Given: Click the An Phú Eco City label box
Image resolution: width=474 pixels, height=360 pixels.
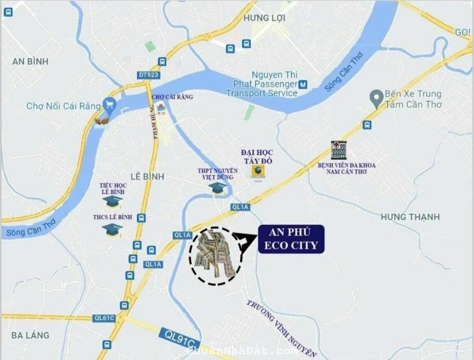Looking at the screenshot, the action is (291, 239).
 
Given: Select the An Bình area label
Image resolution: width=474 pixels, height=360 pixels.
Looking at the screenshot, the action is (30, 61).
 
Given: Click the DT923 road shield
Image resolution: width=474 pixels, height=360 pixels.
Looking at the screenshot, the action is (149, 75).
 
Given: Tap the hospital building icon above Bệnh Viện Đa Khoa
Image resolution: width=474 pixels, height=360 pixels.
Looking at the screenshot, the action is (338, 150).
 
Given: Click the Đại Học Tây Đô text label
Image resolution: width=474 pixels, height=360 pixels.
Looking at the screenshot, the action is (257, 156).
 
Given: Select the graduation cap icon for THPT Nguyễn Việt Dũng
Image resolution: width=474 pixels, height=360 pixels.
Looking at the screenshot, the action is (217, 187).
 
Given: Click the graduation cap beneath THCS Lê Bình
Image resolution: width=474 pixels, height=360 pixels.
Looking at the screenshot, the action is (112, 229).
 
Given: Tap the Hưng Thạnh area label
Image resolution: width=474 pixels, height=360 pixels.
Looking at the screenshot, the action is (410, 217).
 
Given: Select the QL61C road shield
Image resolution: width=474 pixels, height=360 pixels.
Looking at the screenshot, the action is (104, 318).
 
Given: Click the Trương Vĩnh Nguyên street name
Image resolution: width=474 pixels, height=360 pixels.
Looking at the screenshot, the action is (281, 328).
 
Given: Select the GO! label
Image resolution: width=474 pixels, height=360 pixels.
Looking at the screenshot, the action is (463, 32).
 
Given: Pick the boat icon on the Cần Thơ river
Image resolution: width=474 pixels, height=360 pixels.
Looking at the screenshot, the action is (102, 120).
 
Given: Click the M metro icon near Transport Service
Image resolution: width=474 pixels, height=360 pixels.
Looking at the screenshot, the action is (303, 84).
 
